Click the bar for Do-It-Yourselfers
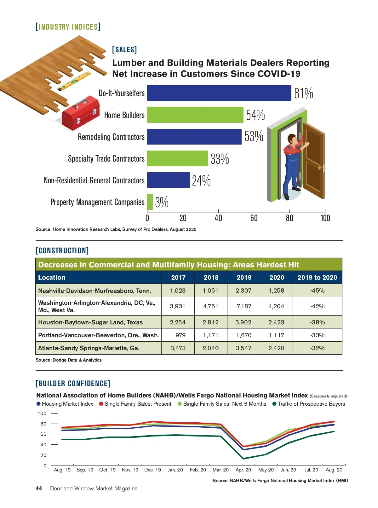[x=219, y=93]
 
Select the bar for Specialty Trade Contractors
[x=177, y=158]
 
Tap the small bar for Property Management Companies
[x=150, y=202]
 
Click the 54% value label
[x=255, y=115]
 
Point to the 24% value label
[x=201, y=181]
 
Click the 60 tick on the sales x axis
[x=254, y=218]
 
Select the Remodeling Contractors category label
[x=111, y=137]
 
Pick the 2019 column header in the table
[x=244, y=277]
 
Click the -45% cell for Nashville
[x=317, y=290]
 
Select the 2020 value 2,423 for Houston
[x=276, y=322]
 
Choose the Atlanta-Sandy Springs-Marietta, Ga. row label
[x=89, y=348]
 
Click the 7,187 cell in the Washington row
[x=244, y=306]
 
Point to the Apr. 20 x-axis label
[x=243, y=470]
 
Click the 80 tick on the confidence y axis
[x=43, y=424]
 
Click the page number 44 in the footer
[x=39, y=488]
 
